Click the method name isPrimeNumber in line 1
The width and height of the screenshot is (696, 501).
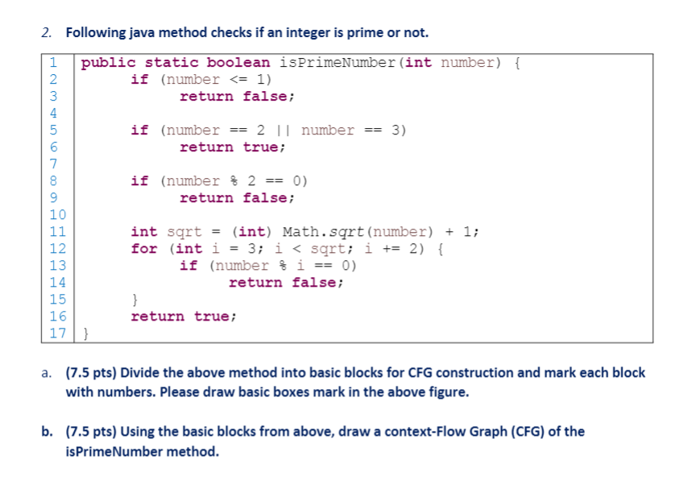click(338, 62)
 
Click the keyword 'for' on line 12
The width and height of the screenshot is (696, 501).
click(144, 248)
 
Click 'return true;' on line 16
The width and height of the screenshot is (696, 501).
click(184, 316)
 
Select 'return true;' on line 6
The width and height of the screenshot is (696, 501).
click(233, 147)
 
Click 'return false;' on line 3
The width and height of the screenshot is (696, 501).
click(237, 96)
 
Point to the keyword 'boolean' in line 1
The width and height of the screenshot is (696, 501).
click(238, 62)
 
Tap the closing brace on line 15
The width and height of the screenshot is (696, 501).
click(135, 300)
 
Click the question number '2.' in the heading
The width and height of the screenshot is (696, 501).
click(49, 33)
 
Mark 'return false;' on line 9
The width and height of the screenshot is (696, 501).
click(237, 197)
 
